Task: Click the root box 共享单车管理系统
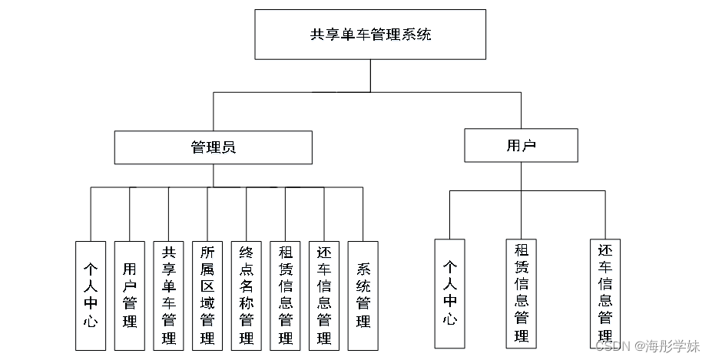(370, 35)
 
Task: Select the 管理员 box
(214, 147)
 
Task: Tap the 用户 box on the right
(521, 146)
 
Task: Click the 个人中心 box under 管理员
(91, 296)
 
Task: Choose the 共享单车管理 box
(169, 296)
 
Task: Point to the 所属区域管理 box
(207, 296)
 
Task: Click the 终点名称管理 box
(247, 296)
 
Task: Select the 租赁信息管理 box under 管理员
(286, 296)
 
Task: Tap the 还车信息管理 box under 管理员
(324, 296)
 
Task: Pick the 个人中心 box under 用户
(450, 293)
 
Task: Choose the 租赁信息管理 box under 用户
(521, 293)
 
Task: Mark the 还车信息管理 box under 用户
(605, 293)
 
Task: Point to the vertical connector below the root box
(370, 75)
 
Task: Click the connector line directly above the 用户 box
(521, 111)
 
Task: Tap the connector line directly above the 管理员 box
(214, 111)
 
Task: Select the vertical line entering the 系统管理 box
(363, 214)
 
